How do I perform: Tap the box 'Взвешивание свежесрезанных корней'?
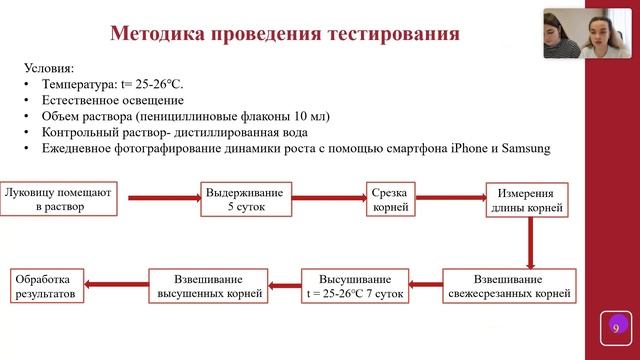(x=510, y=285)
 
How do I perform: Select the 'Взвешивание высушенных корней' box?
(x=210, y=285)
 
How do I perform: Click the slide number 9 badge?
(x=616, y=328)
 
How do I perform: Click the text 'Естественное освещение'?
(x=113, y=100)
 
